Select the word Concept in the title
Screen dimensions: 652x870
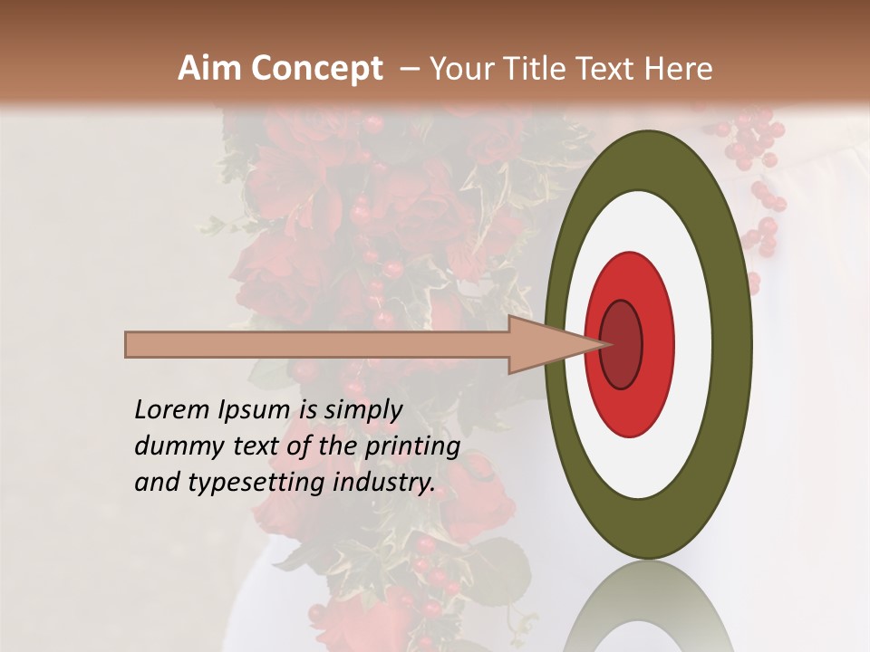point(316,69)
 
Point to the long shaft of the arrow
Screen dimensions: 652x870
point(317,345)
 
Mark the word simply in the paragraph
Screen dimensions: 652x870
point(363,410)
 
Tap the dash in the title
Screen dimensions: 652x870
point(409,69)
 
